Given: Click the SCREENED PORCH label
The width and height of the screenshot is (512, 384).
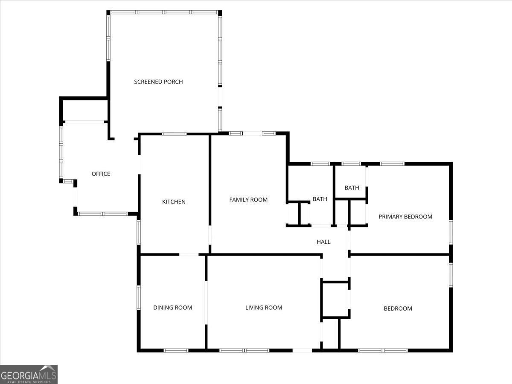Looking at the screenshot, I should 158,81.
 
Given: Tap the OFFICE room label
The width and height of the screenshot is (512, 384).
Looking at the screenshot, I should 101,174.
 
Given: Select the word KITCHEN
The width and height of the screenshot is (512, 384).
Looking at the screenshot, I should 174,202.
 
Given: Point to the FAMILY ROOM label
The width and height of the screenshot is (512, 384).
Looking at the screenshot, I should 248,200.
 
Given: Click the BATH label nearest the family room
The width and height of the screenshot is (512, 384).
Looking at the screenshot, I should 320,199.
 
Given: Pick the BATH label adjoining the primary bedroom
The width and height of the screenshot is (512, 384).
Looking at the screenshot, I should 352,188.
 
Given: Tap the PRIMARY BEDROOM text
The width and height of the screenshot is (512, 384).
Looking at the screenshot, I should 405,217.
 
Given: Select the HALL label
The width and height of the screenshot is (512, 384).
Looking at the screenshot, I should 323,242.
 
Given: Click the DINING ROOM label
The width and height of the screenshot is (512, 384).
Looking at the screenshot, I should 172,308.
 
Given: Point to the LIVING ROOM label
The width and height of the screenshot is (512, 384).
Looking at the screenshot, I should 264,308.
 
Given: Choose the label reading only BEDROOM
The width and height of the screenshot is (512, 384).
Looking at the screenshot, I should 398,308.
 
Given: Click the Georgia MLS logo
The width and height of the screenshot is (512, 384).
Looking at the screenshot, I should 29,374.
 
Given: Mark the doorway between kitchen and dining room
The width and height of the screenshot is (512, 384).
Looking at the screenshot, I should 189,255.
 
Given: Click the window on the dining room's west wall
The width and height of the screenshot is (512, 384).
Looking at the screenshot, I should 138,297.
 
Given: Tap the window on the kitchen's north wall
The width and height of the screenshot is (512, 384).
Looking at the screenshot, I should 174,134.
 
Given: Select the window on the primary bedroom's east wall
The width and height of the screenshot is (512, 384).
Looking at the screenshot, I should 451,232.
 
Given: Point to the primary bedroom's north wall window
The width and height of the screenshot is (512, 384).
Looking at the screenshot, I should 392,163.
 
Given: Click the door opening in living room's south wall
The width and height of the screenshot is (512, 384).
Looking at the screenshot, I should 302,350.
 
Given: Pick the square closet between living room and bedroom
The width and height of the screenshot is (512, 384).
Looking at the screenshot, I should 335,300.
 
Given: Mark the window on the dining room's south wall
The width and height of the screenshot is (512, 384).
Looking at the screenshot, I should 176,350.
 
